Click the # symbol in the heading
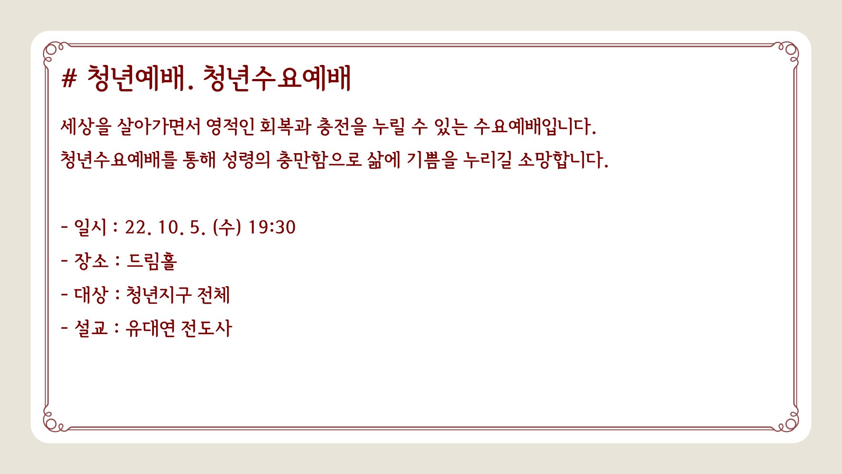pyautogui.click(x=69, y=79)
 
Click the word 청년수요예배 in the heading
pyautogui.click(x=277, y=79)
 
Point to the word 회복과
pyautogui.click(x=285, y=126)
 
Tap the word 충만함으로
pyautogui.click(x=319, y=160)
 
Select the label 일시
pyautogui.click(x=90, y=227)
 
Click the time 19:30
pyautogui.click(x=272, y=227)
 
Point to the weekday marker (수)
pyautogui.click(x=227, y=227)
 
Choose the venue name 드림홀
pyautogui.click(x=152, y=261)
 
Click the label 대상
pyautogui.click(x=90, y=294)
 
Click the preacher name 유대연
pyautogui.click(x=150, y=328)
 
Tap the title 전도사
pyautogui.click(x=206, y=328)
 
